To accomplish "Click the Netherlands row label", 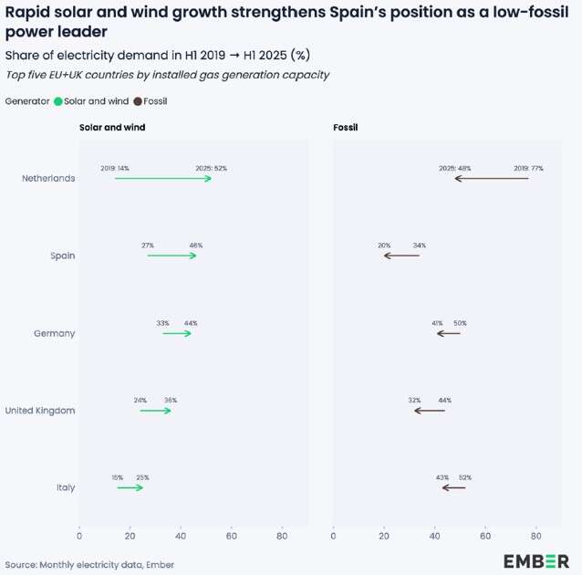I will [x=48, y=178].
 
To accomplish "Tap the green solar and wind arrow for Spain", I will [x=171, y=256].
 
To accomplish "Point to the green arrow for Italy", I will [x=130, y=488].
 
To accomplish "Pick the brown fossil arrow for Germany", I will [x=448, y=333].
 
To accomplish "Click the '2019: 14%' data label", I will [x=115, y=168].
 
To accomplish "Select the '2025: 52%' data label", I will [x=211, y=168].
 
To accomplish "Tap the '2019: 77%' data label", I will [x=528, y=168].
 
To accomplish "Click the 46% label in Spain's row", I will [x=195, y=246].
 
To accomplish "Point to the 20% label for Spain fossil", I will [x=384, y=246].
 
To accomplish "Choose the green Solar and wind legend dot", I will [x=58, y=101].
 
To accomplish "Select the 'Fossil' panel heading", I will [x=345, y=127].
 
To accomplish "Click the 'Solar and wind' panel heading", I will [x=112, y=127].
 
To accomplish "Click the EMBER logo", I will [x=535, y=560].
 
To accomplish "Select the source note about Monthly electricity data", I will [x=89, y=564].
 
